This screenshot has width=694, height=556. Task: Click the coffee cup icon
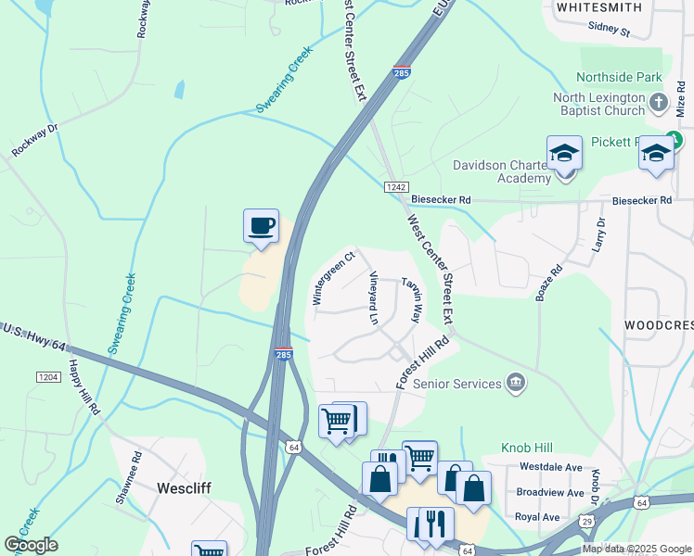pos(261,226)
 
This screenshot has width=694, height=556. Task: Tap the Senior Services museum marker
pos(516,383)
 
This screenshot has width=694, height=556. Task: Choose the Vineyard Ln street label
pos(374,297)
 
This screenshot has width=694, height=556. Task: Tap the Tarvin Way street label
pos(411,298)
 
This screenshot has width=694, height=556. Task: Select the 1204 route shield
pos(49,376)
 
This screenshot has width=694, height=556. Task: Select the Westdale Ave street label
pos(550,467)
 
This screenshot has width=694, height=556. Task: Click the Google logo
pos(31,545)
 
